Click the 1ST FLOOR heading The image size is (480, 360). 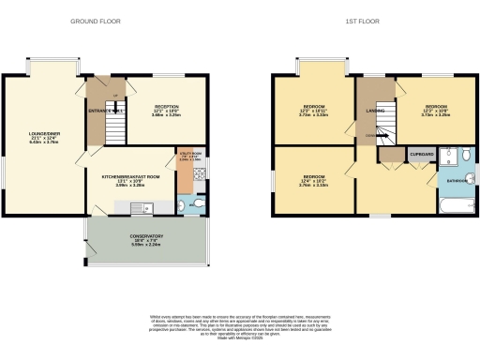pyautogui.click(x=363, y=20)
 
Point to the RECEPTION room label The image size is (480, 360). pyautogui.click(x=166, y=110)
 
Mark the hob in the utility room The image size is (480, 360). pyautogui.click(x=199, y=176)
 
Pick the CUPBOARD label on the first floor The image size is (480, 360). pyautogui.click(x=419, y=153)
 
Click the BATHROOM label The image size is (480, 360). pyautogui.click(x=456, y=179)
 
